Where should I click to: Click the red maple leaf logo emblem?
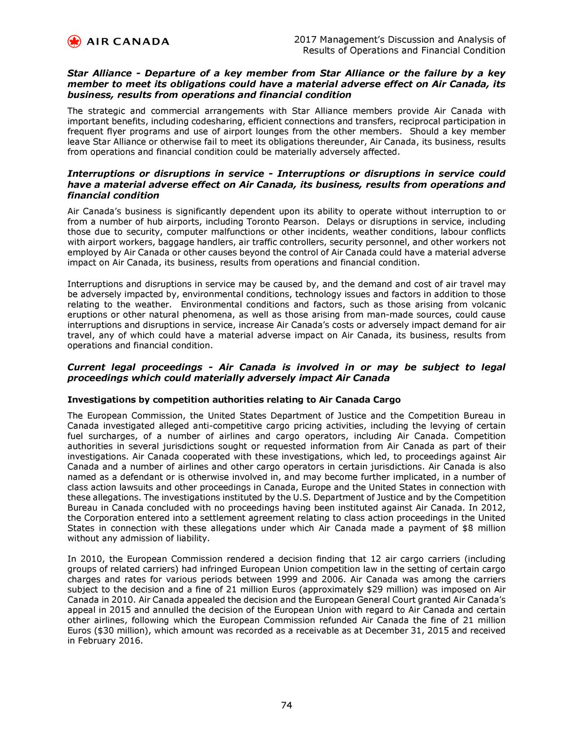coord(74,42)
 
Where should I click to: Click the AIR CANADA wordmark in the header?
coord(128,42)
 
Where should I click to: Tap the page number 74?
coord(286,706)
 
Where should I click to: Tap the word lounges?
coord(273,132)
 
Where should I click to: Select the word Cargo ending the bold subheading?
coord(386,399)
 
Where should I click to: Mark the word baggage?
coord(168,243)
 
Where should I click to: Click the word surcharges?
coord(107,436)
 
